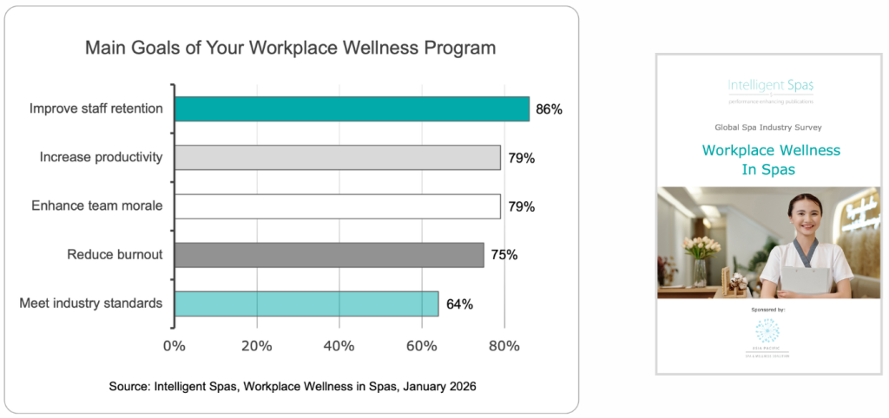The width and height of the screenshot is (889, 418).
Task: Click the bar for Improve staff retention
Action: (x=352, y=108)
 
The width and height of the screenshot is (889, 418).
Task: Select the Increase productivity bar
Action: (x=337, y=157)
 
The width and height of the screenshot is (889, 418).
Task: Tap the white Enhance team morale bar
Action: (x=337, y=206)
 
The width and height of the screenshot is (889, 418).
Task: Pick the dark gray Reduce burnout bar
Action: (x=328, y=255)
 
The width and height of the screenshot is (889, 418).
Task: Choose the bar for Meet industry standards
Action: (x=306, y=304)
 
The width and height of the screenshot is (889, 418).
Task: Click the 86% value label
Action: (x=549, y=109)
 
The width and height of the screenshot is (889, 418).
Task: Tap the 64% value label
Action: (x=458, y=304)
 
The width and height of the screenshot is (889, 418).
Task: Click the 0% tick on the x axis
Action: (x=175, y=346)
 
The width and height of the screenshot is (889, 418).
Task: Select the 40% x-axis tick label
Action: (x=339, y=346)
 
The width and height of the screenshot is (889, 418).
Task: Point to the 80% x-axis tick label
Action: (x=504, y=346)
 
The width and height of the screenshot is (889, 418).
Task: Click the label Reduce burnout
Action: (x=115, y=255)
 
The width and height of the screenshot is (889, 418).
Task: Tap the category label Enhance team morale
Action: (x=97, y=206)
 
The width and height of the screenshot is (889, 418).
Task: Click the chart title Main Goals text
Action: (x=290, y=48)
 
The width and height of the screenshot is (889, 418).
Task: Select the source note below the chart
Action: (x=293, y=385)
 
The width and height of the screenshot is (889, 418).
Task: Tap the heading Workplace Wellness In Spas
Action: (x=771, y=160)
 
